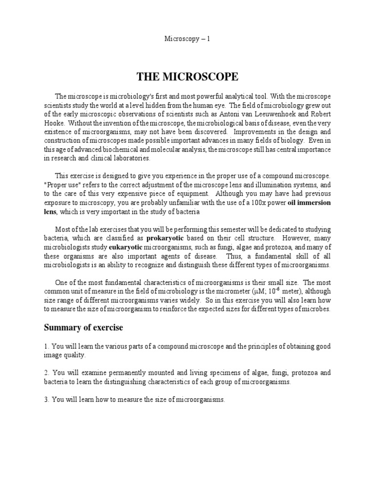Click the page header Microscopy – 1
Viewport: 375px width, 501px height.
pyautogui.click(x=187, y=39)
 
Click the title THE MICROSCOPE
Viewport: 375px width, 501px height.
pyautogui.click(x=187, y=77)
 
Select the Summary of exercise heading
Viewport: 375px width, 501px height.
pyautogui.click(x=83, y=327)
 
